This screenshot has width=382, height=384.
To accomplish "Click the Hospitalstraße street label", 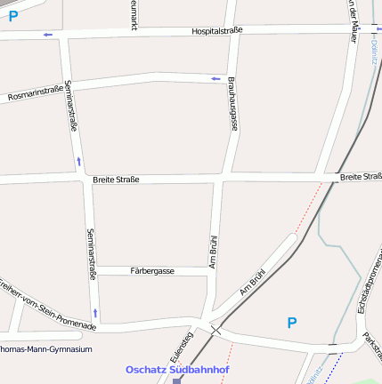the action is (217, 30).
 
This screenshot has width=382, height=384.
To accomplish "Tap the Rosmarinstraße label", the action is (35, 92).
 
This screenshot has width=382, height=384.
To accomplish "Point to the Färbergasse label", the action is (152, 270).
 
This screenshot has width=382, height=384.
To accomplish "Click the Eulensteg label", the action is (182, 347).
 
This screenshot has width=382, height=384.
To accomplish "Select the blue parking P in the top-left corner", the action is (13, 16).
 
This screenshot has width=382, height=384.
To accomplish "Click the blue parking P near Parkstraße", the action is (291, 323).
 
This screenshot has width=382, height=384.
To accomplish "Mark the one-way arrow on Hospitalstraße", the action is (47, 35).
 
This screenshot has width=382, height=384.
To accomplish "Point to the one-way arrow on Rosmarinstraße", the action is (215, 79).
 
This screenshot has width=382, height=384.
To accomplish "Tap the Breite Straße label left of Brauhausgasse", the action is (116, 180).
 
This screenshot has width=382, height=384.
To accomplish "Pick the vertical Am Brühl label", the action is (213, 251).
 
